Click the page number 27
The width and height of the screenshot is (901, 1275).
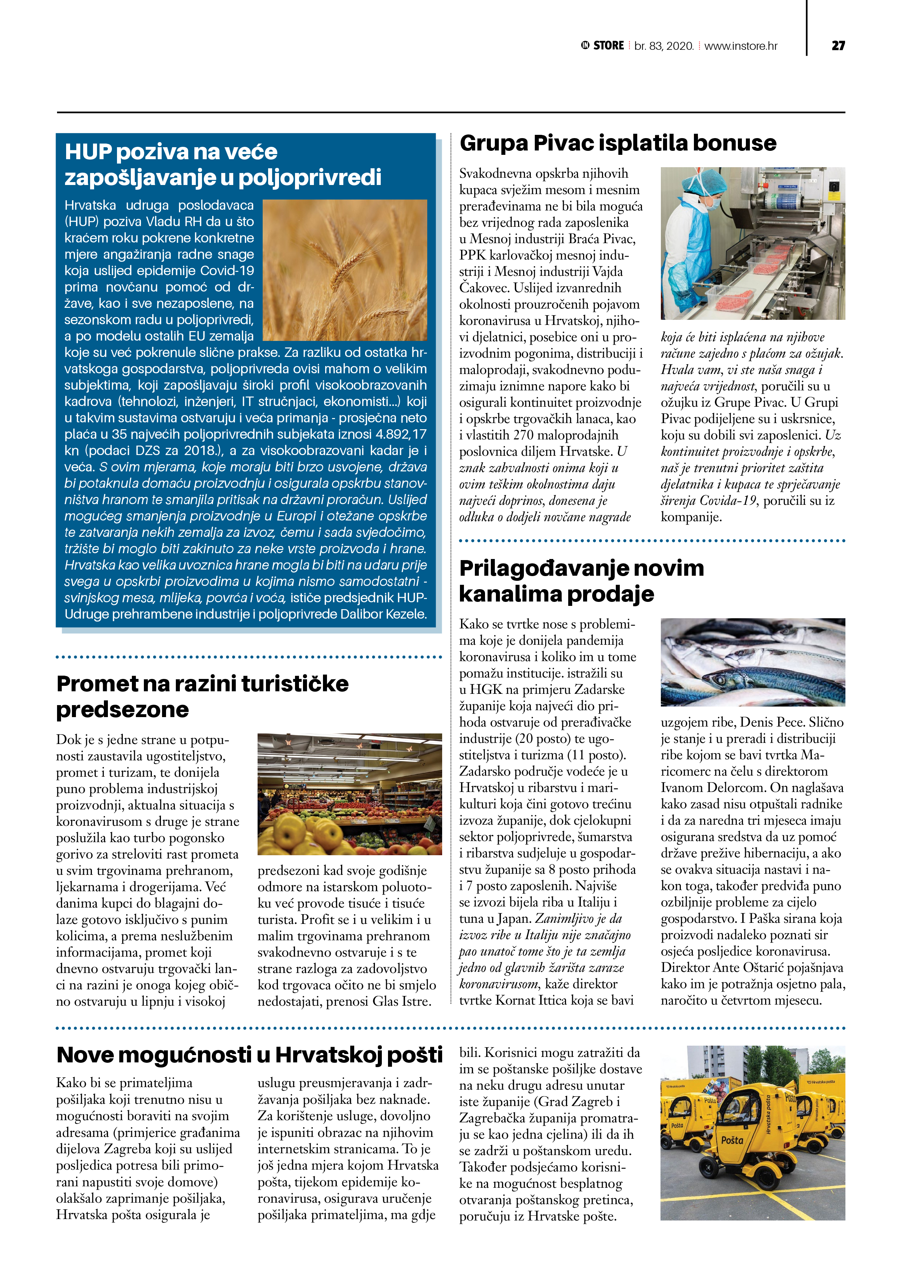pos(838,45)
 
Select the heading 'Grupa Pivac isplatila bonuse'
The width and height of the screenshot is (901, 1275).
pos(618,143)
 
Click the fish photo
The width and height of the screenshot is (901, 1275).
pos(753,662)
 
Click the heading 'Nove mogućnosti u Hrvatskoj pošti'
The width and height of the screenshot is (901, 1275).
pos(249,1055)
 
